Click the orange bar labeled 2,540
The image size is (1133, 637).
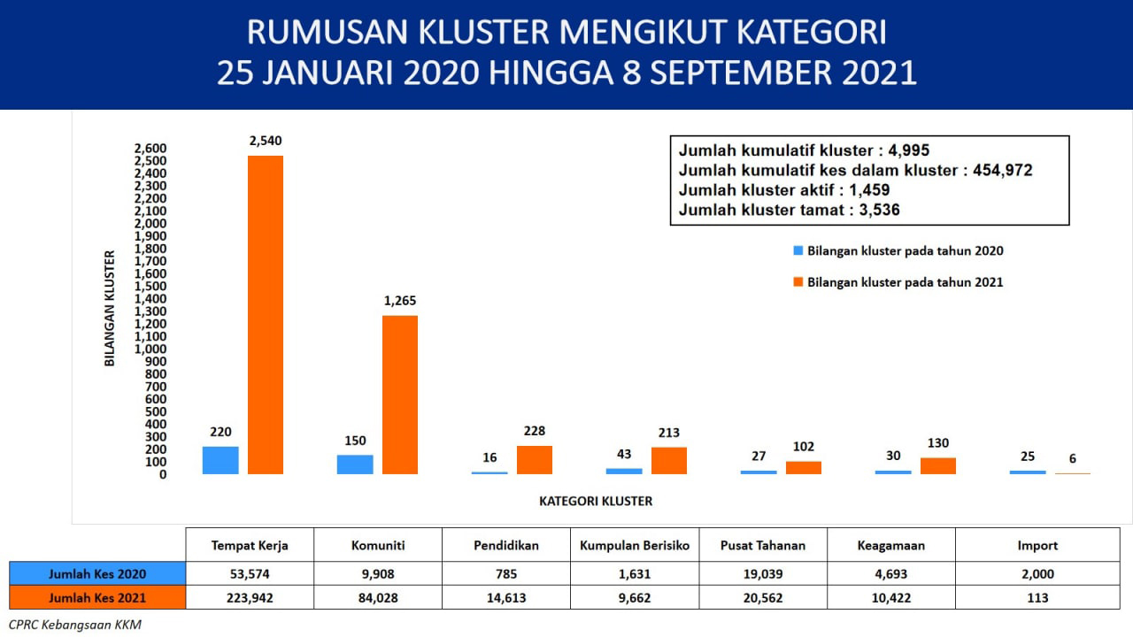[266, 315]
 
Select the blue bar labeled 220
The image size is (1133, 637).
[220, 461]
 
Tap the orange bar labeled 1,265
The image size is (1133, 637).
[400, 395]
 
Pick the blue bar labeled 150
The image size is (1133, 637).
[355, 464]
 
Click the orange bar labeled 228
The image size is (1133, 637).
[535, 460]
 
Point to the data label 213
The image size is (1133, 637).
[668, 433]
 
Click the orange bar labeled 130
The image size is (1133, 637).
[938, 466]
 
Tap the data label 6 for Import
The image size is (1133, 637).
[1072, 458]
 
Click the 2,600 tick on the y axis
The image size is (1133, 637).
[150, 149]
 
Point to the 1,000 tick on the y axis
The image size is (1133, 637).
[150, 349]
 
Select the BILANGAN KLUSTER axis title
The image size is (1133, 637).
[110, 309]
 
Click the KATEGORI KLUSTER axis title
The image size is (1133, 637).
[596, 501]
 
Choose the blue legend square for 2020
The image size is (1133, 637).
[798, 250]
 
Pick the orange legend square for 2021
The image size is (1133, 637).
[798, 282]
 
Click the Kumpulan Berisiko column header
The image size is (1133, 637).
[635, 546]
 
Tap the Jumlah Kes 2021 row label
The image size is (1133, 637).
[97, 598]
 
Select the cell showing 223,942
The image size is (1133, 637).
[250, 598]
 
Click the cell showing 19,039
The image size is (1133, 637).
[763, 574]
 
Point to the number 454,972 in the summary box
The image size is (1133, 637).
[1003, 171]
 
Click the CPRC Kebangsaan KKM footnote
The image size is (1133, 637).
[75, 625]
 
